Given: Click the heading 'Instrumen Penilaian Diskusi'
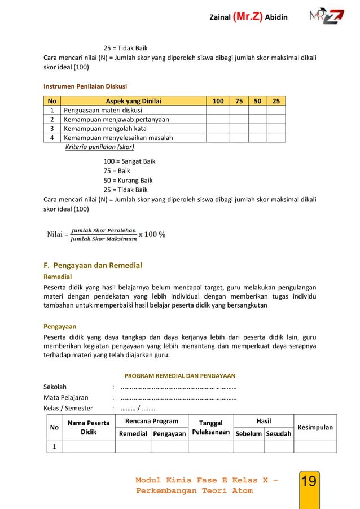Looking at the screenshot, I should tap(85, 86).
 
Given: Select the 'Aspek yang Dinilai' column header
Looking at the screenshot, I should tap(134, 102).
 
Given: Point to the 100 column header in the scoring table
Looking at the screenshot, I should tap(217, 102).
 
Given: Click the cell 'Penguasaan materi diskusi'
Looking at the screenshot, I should tap(104, 111).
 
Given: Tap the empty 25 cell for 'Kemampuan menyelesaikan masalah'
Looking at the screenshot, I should tap(276, 138).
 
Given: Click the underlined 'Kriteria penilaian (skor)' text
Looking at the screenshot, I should tap(100, 147).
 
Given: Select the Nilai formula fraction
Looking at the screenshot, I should tap(103, 234).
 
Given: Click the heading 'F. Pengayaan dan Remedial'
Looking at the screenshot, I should tap(93, 265).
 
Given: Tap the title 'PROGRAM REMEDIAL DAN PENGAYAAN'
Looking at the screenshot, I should tap(179, 376).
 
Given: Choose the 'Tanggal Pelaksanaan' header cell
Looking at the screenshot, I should tap(210, 428).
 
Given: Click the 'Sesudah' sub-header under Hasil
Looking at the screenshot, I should tap(279, 434).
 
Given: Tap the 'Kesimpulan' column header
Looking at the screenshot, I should tap(315, 427).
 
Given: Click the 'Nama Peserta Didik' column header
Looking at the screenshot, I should tap(88, 427).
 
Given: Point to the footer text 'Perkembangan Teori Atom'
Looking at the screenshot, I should tap(194, 491).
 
